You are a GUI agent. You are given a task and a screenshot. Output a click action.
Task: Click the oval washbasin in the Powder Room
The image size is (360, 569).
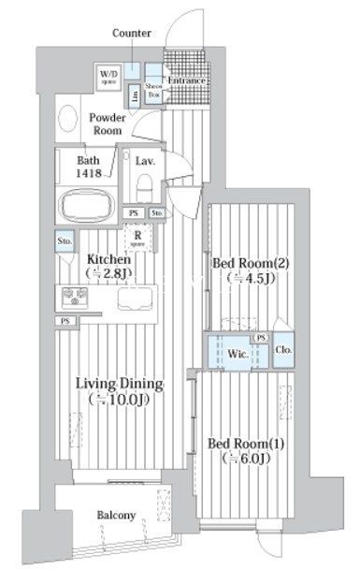click(68, 118)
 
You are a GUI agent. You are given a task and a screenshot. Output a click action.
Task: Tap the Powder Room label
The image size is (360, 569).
click(108, 125)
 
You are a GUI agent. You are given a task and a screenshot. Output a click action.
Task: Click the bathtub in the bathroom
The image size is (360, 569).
click(84, 204)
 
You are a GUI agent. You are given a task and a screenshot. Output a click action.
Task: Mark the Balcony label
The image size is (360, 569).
click(113, 515)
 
